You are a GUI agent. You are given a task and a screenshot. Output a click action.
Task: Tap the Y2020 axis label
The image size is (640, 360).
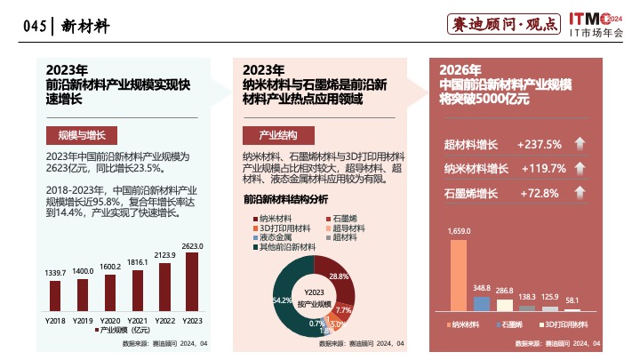(x=110, y=319)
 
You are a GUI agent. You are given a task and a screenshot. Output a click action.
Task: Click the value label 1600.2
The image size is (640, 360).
(x=110, y=266)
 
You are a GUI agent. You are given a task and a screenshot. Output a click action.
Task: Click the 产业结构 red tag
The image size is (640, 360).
(x=277, y=136)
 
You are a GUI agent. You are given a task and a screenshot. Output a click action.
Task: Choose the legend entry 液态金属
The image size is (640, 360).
(x=275, y=237)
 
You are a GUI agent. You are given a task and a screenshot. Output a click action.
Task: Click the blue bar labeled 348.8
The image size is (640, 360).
(x=482, y=303)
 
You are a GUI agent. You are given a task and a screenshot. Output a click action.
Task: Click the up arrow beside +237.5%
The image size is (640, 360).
(x=580, y=145)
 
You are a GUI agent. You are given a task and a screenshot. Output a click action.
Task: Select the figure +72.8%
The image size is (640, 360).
(x=538, y=193)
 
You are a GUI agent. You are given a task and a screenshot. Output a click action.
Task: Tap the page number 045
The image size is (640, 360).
(x=34, y=27)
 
